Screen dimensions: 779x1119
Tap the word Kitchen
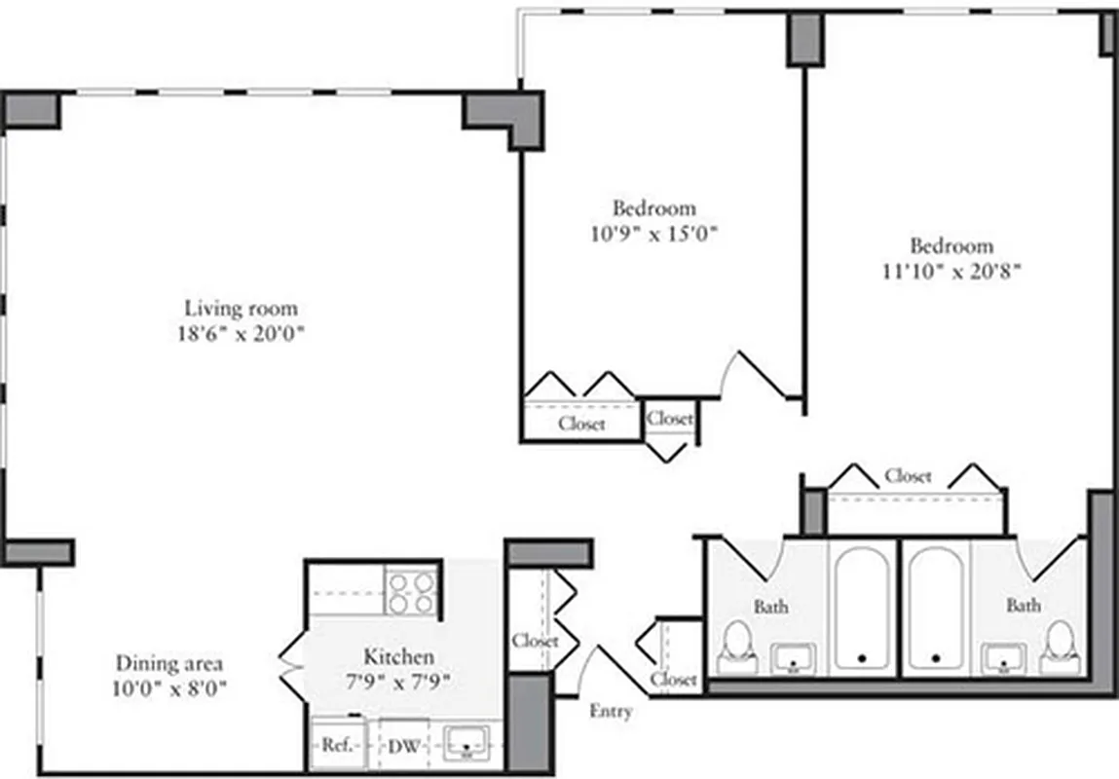tap(398, 655)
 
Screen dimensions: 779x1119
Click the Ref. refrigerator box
tap(336, 746)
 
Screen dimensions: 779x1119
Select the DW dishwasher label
tap(403, 747)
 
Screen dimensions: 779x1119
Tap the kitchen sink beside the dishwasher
tap(470, 745)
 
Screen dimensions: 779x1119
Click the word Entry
tap(611, 711)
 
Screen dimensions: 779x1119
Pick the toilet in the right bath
tap(1057, 647)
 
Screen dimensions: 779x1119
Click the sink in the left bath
tap(796, 658)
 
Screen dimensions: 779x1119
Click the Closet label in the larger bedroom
tap(908, 476)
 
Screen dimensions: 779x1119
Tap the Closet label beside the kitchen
tap(535, 641)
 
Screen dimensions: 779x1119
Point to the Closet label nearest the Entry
tap(674, 679)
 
